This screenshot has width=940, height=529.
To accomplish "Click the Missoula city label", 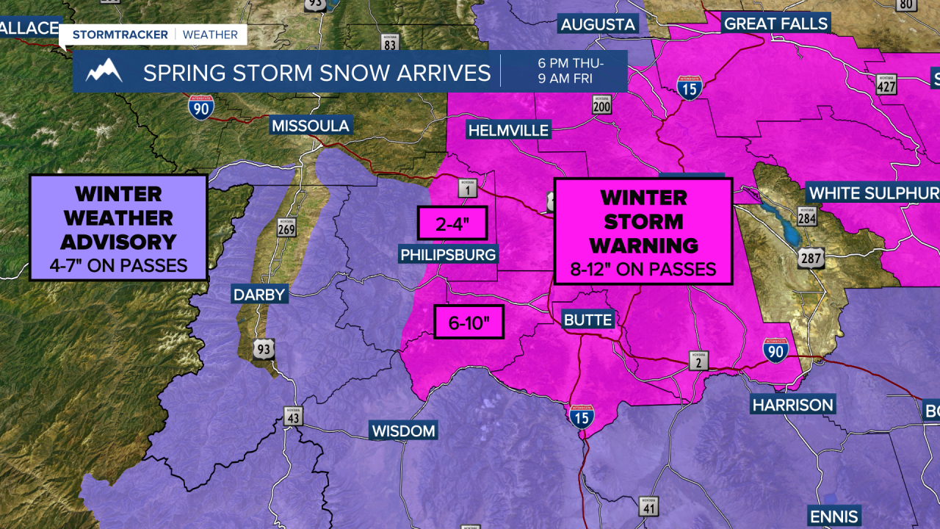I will coord(311,126).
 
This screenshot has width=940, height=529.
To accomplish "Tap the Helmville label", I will coord(508,131).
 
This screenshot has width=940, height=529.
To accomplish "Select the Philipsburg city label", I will coord(448,254).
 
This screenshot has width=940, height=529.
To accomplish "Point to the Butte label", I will coord(587,320).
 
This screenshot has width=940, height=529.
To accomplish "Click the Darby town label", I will coord(258,295).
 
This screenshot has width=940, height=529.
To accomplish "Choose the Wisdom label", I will coord(403,431).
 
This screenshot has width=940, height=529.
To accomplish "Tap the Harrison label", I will coord(792,405).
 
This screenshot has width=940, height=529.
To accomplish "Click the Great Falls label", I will coord(775,24).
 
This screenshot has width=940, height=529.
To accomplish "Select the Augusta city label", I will coord(598,25).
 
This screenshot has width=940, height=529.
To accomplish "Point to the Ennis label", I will coord(834,516).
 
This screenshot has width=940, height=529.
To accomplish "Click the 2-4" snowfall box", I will coord(452,224).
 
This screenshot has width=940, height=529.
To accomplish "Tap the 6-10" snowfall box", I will coord(469,322).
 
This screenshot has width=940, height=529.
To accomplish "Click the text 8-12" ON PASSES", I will coord(643,270).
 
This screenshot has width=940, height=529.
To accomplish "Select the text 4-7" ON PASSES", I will coord(118,265).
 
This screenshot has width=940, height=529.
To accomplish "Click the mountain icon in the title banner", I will coord(104,71).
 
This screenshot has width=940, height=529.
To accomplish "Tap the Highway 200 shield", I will coord(602,107).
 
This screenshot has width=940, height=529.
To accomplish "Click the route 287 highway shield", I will coord(811,258).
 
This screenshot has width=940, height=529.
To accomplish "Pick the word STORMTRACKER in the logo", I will coord(120,35).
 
